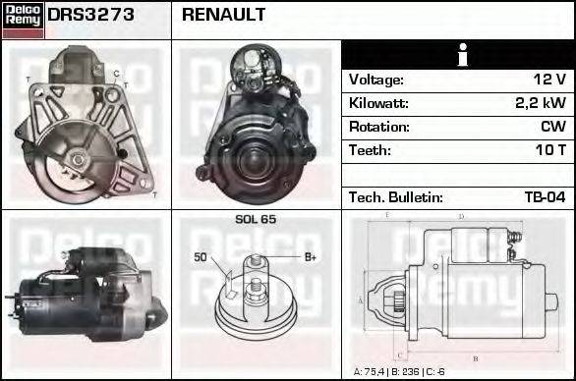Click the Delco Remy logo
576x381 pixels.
(x=23, y=20)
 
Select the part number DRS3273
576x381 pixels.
(x=91, y=16)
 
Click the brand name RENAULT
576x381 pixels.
(x=223, y=16)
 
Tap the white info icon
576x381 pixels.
(x=458, y=55)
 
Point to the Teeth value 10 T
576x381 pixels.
(x=549, y=150)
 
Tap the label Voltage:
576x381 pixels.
(x=376, y=80)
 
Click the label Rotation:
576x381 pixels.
(x=378, y=127)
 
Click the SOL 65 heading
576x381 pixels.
(x=256, y=219)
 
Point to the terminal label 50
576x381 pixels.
(x=201, y=257)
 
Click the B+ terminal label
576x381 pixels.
(x=310, y=257)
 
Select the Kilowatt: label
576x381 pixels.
(x=378, y=103)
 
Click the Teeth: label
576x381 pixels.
(x=370, y=150)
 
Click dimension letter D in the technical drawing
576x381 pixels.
(x=461, y=215)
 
